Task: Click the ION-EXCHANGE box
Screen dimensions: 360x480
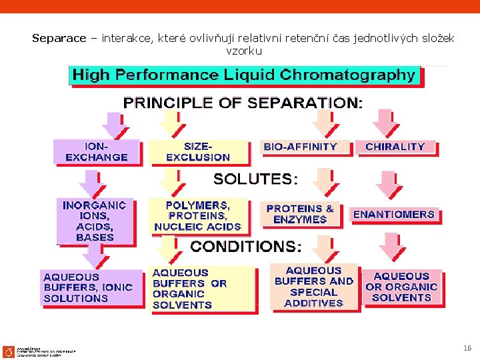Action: [x=97, y=152]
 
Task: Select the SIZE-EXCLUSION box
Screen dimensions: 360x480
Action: [x=198, y=152]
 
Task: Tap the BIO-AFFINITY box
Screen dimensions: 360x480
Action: [x=301, y=147]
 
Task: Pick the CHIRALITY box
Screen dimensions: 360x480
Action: [x=395, y=147]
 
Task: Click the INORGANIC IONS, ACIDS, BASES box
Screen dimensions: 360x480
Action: [x=95, y=221]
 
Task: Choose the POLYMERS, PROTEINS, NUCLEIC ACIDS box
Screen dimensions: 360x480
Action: [x=198, y=216]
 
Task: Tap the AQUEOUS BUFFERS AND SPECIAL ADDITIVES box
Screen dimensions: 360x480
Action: [x=313, y=287]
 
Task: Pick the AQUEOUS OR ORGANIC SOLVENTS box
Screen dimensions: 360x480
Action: [x=401, y=287]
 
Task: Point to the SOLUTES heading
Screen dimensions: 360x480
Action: [x=255, y=179]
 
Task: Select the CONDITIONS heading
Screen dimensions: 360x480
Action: [x=245, y=247]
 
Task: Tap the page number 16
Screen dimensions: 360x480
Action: [x=467, y=348]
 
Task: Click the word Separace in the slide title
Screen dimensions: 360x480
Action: [x=59, y=39]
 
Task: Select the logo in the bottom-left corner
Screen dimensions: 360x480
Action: [x=8, y=351]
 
